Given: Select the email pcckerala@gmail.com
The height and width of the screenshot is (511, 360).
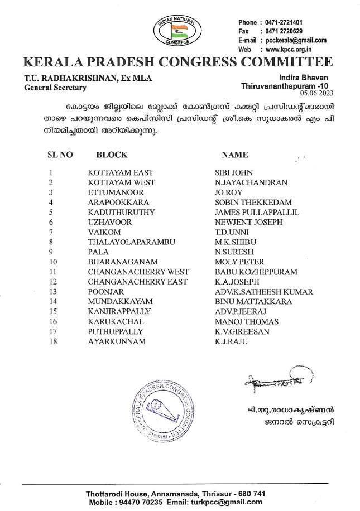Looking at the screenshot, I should [x=296, y=40].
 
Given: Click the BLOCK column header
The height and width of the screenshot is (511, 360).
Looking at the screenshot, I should [x=112, y=155].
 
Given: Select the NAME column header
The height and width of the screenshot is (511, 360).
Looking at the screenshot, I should [x=235, y=155].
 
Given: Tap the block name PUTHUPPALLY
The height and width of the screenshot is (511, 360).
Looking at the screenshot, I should [x=115, y=331].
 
